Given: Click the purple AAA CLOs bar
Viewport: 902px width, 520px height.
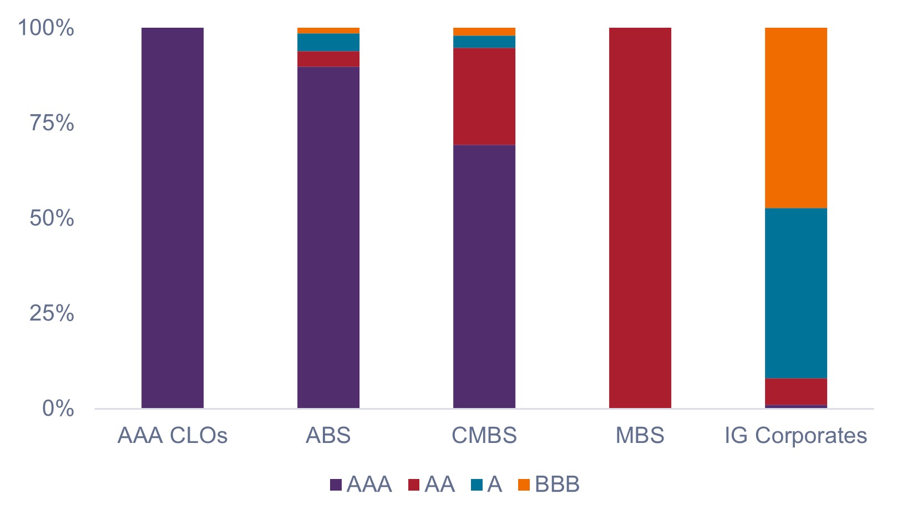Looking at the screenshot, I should pyautogui.click(x=173, y=218).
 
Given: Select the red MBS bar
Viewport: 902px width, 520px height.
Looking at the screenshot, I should pyautogui.click(x=640, y=218).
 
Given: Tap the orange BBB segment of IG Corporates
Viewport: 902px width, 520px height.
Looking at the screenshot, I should pyautogui.click(x=796, y=118).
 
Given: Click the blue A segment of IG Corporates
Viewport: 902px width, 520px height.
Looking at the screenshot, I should pyautogui.click(x=796, y=293).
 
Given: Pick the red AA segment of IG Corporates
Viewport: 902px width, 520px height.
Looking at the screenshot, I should pyautogui.click(x=796, y=391).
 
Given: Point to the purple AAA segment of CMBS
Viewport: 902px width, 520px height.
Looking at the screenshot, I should pyautogui.click(x=484, y=276).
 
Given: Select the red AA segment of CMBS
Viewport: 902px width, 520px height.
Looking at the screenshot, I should pyautogui.click(x=484, y=96).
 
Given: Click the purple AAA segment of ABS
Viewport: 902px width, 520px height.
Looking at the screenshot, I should pyautogui.click(x=328, y=237).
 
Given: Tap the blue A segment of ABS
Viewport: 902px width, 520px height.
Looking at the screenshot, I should pyautogui.click(x=328, y=43).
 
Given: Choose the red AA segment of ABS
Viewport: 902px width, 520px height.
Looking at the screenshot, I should pyautogui.click(x=328, y=59).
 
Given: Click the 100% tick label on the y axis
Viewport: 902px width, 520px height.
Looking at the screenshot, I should pyautogui.click(x=46, y=28).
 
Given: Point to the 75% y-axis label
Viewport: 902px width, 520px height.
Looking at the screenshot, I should pyautogui.click(x=52, y=123).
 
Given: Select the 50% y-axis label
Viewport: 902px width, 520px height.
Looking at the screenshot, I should pyautogui.click(x=52, y=218).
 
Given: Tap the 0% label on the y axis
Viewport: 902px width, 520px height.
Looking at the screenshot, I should pyautogui.click(x=58, y=409).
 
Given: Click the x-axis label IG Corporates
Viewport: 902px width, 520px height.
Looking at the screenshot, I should pyautogui.click(x=796, y=436).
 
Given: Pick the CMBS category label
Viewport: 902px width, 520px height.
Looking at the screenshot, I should pyautogui.click(x=484, y=436).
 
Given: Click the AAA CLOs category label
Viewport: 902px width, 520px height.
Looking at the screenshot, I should pyautogui.click(x=173, y=436).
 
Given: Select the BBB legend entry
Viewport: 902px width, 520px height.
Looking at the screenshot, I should pyautogui.click(x=549, y=485).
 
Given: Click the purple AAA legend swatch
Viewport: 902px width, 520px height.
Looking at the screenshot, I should pyautogui.click(x=336, y=485).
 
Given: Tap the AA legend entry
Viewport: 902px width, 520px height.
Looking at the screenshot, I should pyautogui.click(x=432, y=485).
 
